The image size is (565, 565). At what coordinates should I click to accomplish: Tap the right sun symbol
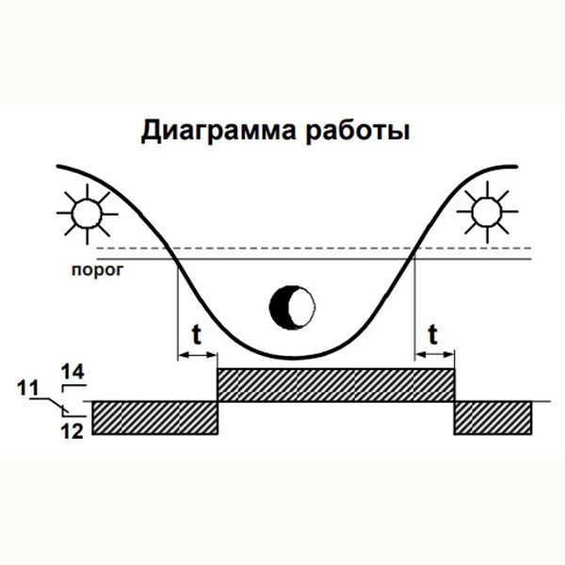[488, 212]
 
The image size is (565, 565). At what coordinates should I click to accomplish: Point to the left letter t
[197, 332]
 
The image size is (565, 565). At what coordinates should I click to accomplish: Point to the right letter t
[433, 332]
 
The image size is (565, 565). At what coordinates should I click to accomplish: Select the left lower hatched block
[154, 417]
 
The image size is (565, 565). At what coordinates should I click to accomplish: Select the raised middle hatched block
[336, 385]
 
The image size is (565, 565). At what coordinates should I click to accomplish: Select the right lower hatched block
[491, 417]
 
